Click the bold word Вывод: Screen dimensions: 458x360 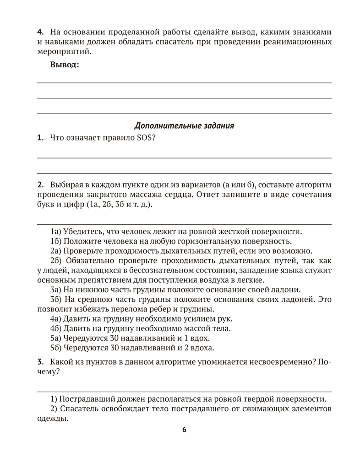click(65, 65)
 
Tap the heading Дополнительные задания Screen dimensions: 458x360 click(184, 125)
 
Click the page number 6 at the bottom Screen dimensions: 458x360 click(184, 430)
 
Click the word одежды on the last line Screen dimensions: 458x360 click(51, 418)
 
